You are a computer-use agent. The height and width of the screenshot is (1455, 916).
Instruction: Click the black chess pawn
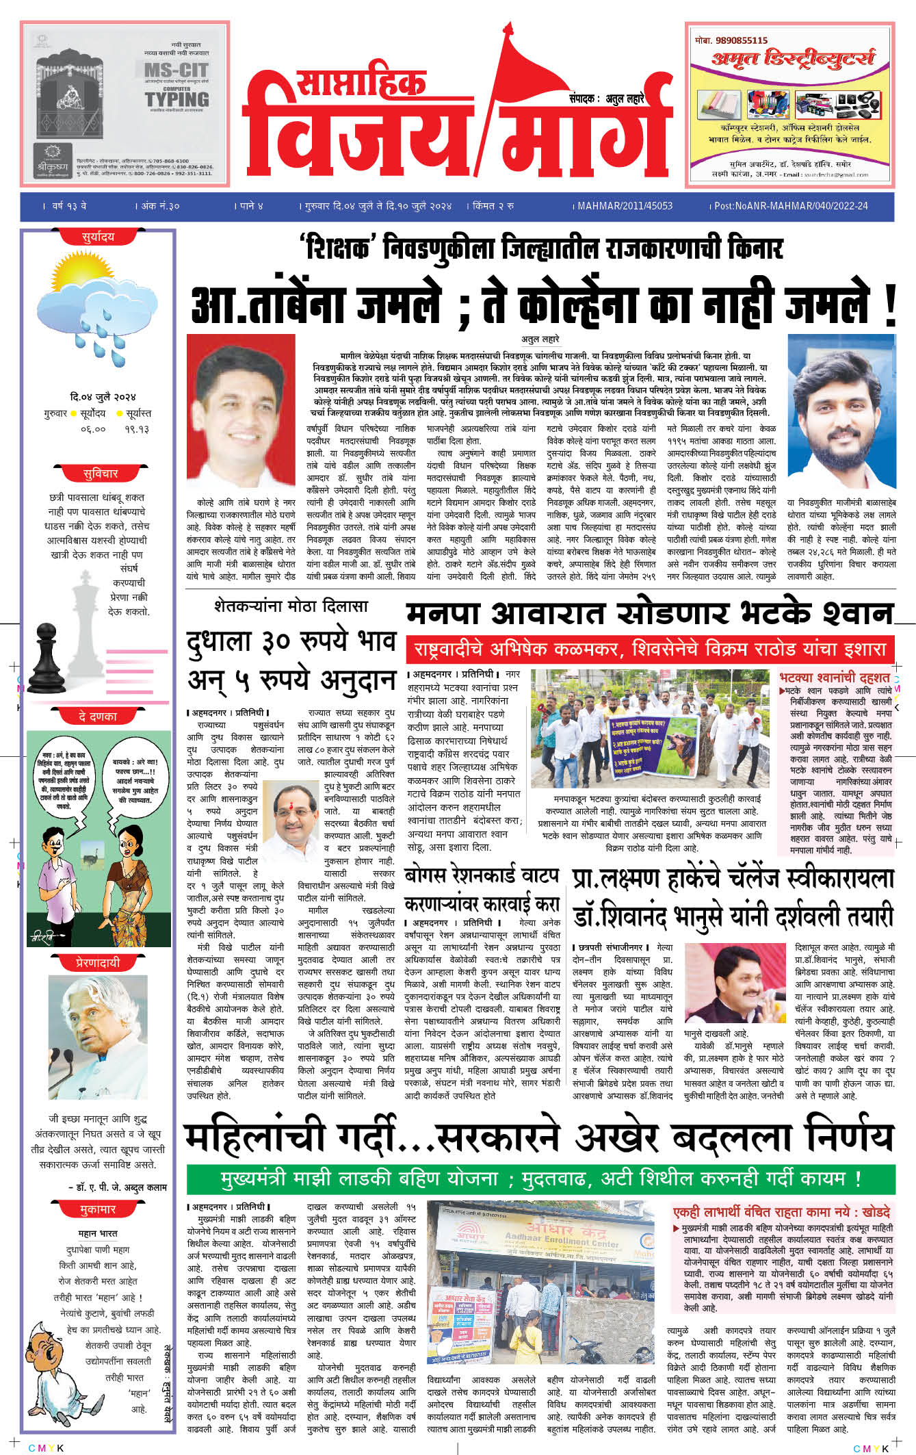[47, 658]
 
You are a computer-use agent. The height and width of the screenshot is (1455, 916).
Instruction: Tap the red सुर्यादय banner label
[98, 237]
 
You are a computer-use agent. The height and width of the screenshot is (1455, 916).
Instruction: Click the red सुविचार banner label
[100, 474]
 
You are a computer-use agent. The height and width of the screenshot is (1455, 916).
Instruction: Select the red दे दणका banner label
[98, 717]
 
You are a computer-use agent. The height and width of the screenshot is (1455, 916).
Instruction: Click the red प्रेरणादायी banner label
[98, 962]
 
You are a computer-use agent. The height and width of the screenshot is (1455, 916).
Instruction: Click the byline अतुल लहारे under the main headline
[540, 339]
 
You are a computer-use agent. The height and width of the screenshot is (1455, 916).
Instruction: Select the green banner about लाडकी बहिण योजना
[540, 1179]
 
